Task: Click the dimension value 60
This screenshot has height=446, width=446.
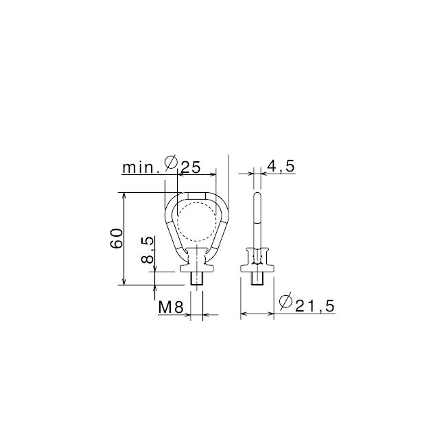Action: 117,239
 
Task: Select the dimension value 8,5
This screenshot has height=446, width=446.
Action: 146,251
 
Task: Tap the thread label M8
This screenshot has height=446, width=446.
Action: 169,308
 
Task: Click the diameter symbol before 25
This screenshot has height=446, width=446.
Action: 172,165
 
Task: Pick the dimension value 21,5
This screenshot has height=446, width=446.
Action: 315,306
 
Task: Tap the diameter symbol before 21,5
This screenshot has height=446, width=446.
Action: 287,302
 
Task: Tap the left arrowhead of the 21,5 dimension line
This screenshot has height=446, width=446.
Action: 243,315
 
